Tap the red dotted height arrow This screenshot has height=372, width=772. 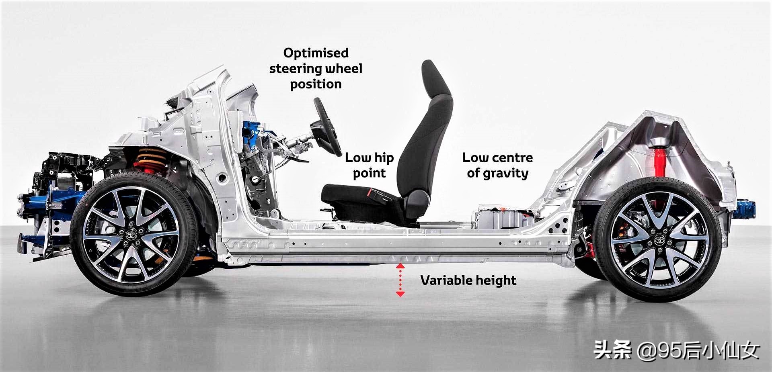tap(400, 280)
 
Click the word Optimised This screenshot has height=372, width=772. tap(316, 53)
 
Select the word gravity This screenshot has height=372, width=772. tap(506, 174)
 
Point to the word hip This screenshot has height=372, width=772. tap(384, 158)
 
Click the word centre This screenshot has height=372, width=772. tap(512, 157)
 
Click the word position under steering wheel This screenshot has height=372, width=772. tap(316, 84)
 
